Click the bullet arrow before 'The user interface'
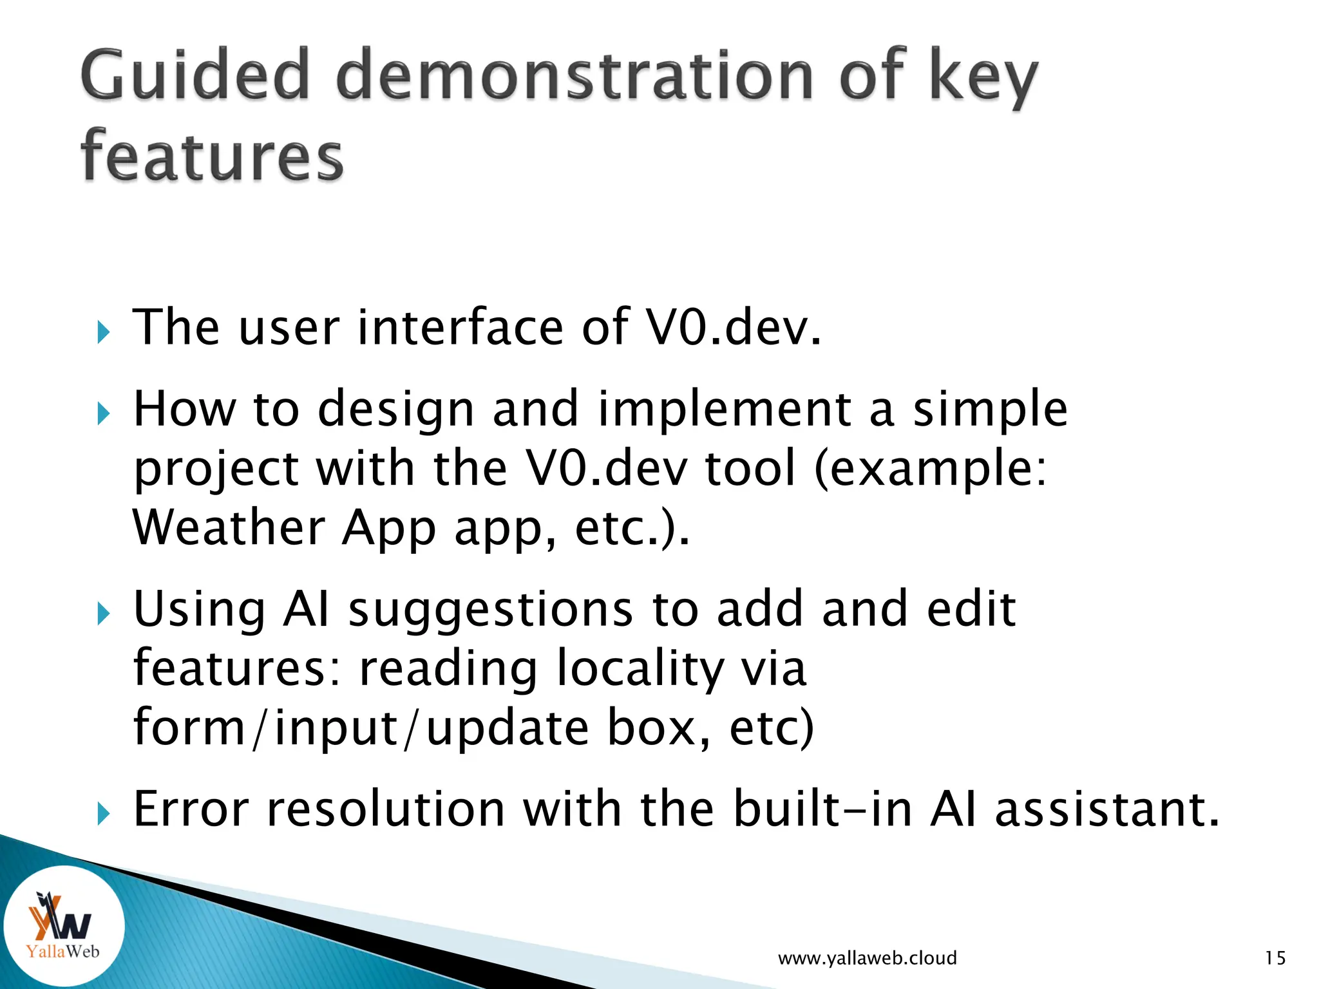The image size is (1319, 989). [x=103, y=332]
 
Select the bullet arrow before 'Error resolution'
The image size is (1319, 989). [x=103, y=814]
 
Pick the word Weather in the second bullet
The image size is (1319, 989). [x=229, y=527]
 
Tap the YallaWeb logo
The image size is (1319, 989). [x=62, y=927]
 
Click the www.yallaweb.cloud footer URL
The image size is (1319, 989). [x=867, y=958]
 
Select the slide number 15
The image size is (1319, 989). [x=1275, y=958]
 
